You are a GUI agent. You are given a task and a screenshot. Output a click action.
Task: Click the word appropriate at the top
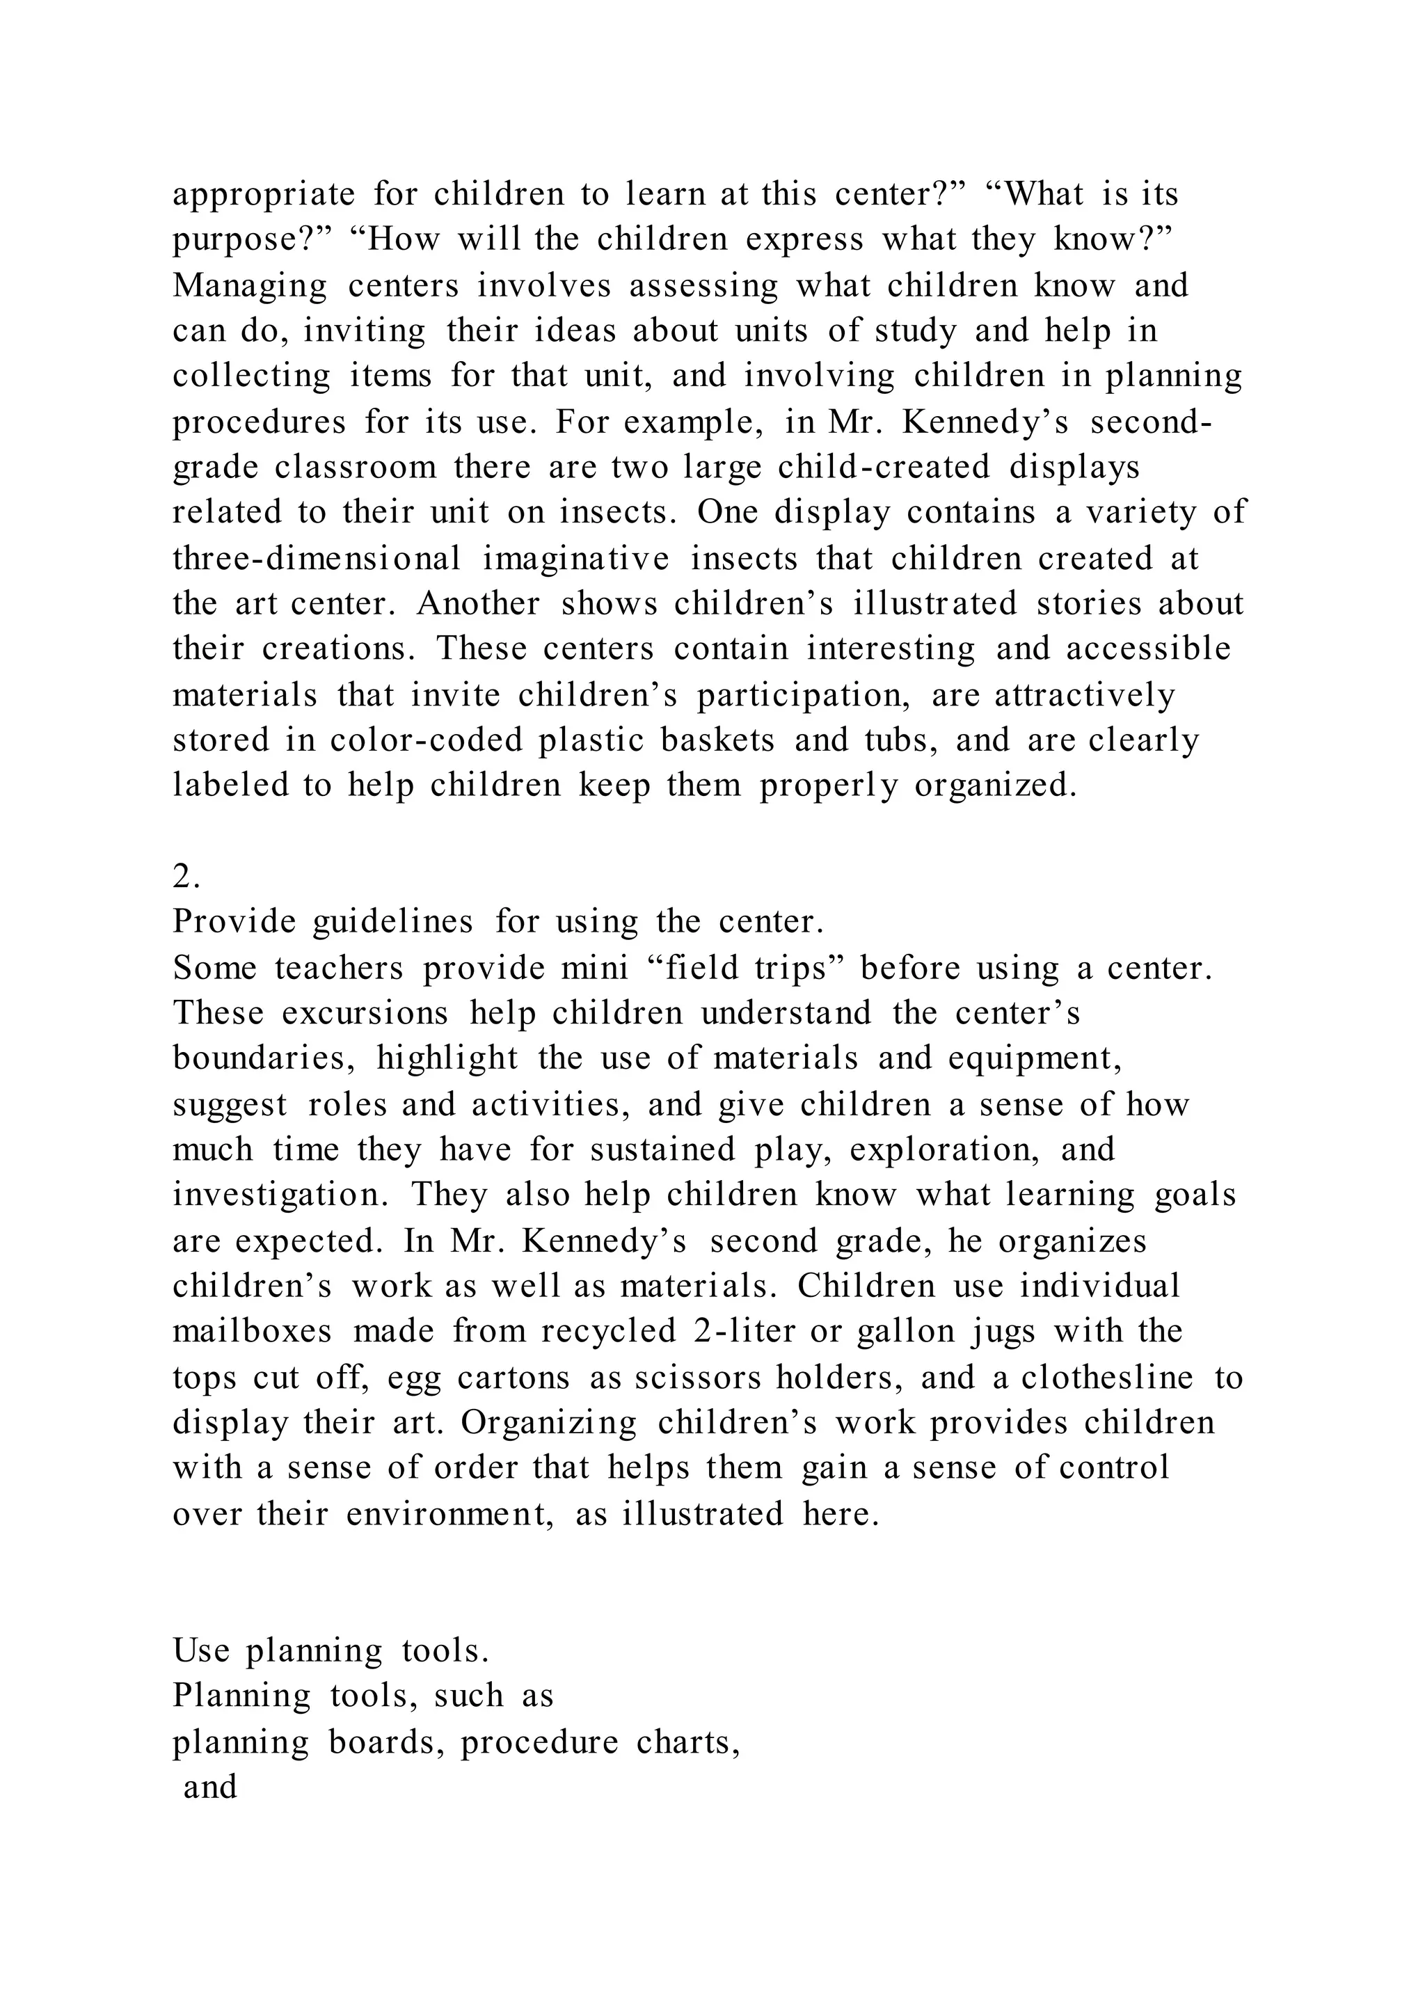(263, 195)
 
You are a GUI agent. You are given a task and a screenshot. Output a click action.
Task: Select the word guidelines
(392, 921)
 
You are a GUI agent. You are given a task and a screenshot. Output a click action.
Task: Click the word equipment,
(1035, 1058)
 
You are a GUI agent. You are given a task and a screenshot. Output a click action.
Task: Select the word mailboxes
(253, 1331)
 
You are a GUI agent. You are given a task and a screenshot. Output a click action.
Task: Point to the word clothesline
(1106, 1378)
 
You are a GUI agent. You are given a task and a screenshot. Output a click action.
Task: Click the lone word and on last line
(211, 1787)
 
